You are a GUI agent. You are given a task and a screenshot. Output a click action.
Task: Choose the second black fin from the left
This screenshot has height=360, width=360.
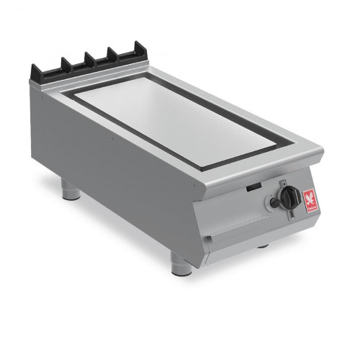pos(65,66)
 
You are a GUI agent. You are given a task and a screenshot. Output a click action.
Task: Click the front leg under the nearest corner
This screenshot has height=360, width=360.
pos(181,264)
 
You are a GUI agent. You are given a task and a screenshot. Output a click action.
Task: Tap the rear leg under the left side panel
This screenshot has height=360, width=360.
pos(70,189)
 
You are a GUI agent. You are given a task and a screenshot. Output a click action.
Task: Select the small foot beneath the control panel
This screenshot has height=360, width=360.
pos(264,246)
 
